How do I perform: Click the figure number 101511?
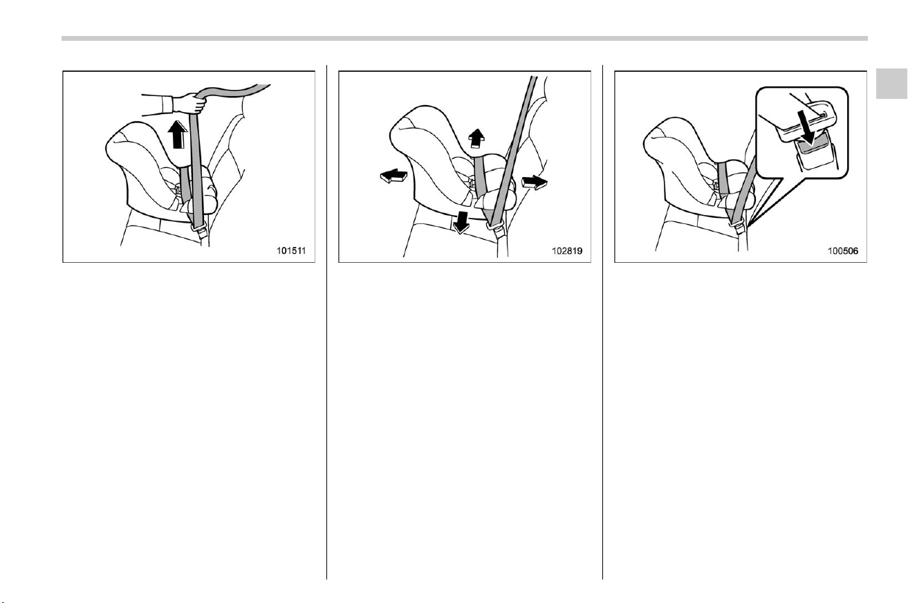pyautogui.click(x=291, y=251)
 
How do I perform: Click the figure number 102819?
pyautogui.click(x=567, y=251)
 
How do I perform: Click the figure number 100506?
pyautogui.click(x=843, y=251)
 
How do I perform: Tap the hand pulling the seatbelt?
pyautogui.click(x=189, y=103)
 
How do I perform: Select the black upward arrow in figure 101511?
pyautogui.click(x=177, y=135)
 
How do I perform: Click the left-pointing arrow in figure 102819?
pyautogui.click(x=393, y=176)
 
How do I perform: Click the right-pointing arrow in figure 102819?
pyautogui.click(x=535, y=182)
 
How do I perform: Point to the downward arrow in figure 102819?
pyautogui.click(x=461, y=223)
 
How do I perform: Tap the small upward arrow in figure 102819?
pyautogui.click(x=476, y=139)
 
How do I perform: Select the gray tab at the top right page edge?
pyautogui.click(x=891, y=84)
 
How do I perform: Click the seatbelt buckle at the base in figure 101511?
pyautogui.click(x=199, y=230)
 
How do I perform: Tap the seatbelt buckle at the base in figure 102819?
pyautogui.click(x=497, y=230)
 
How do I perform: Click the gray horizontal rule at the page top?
pyautogui.click(x=465, y=39)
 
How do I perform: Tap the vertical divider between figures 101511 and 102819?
pyautogui.click(x=326, y=322)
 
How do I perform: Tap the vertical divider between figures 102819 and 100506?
pyautogui.click(x=602, y=322)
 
